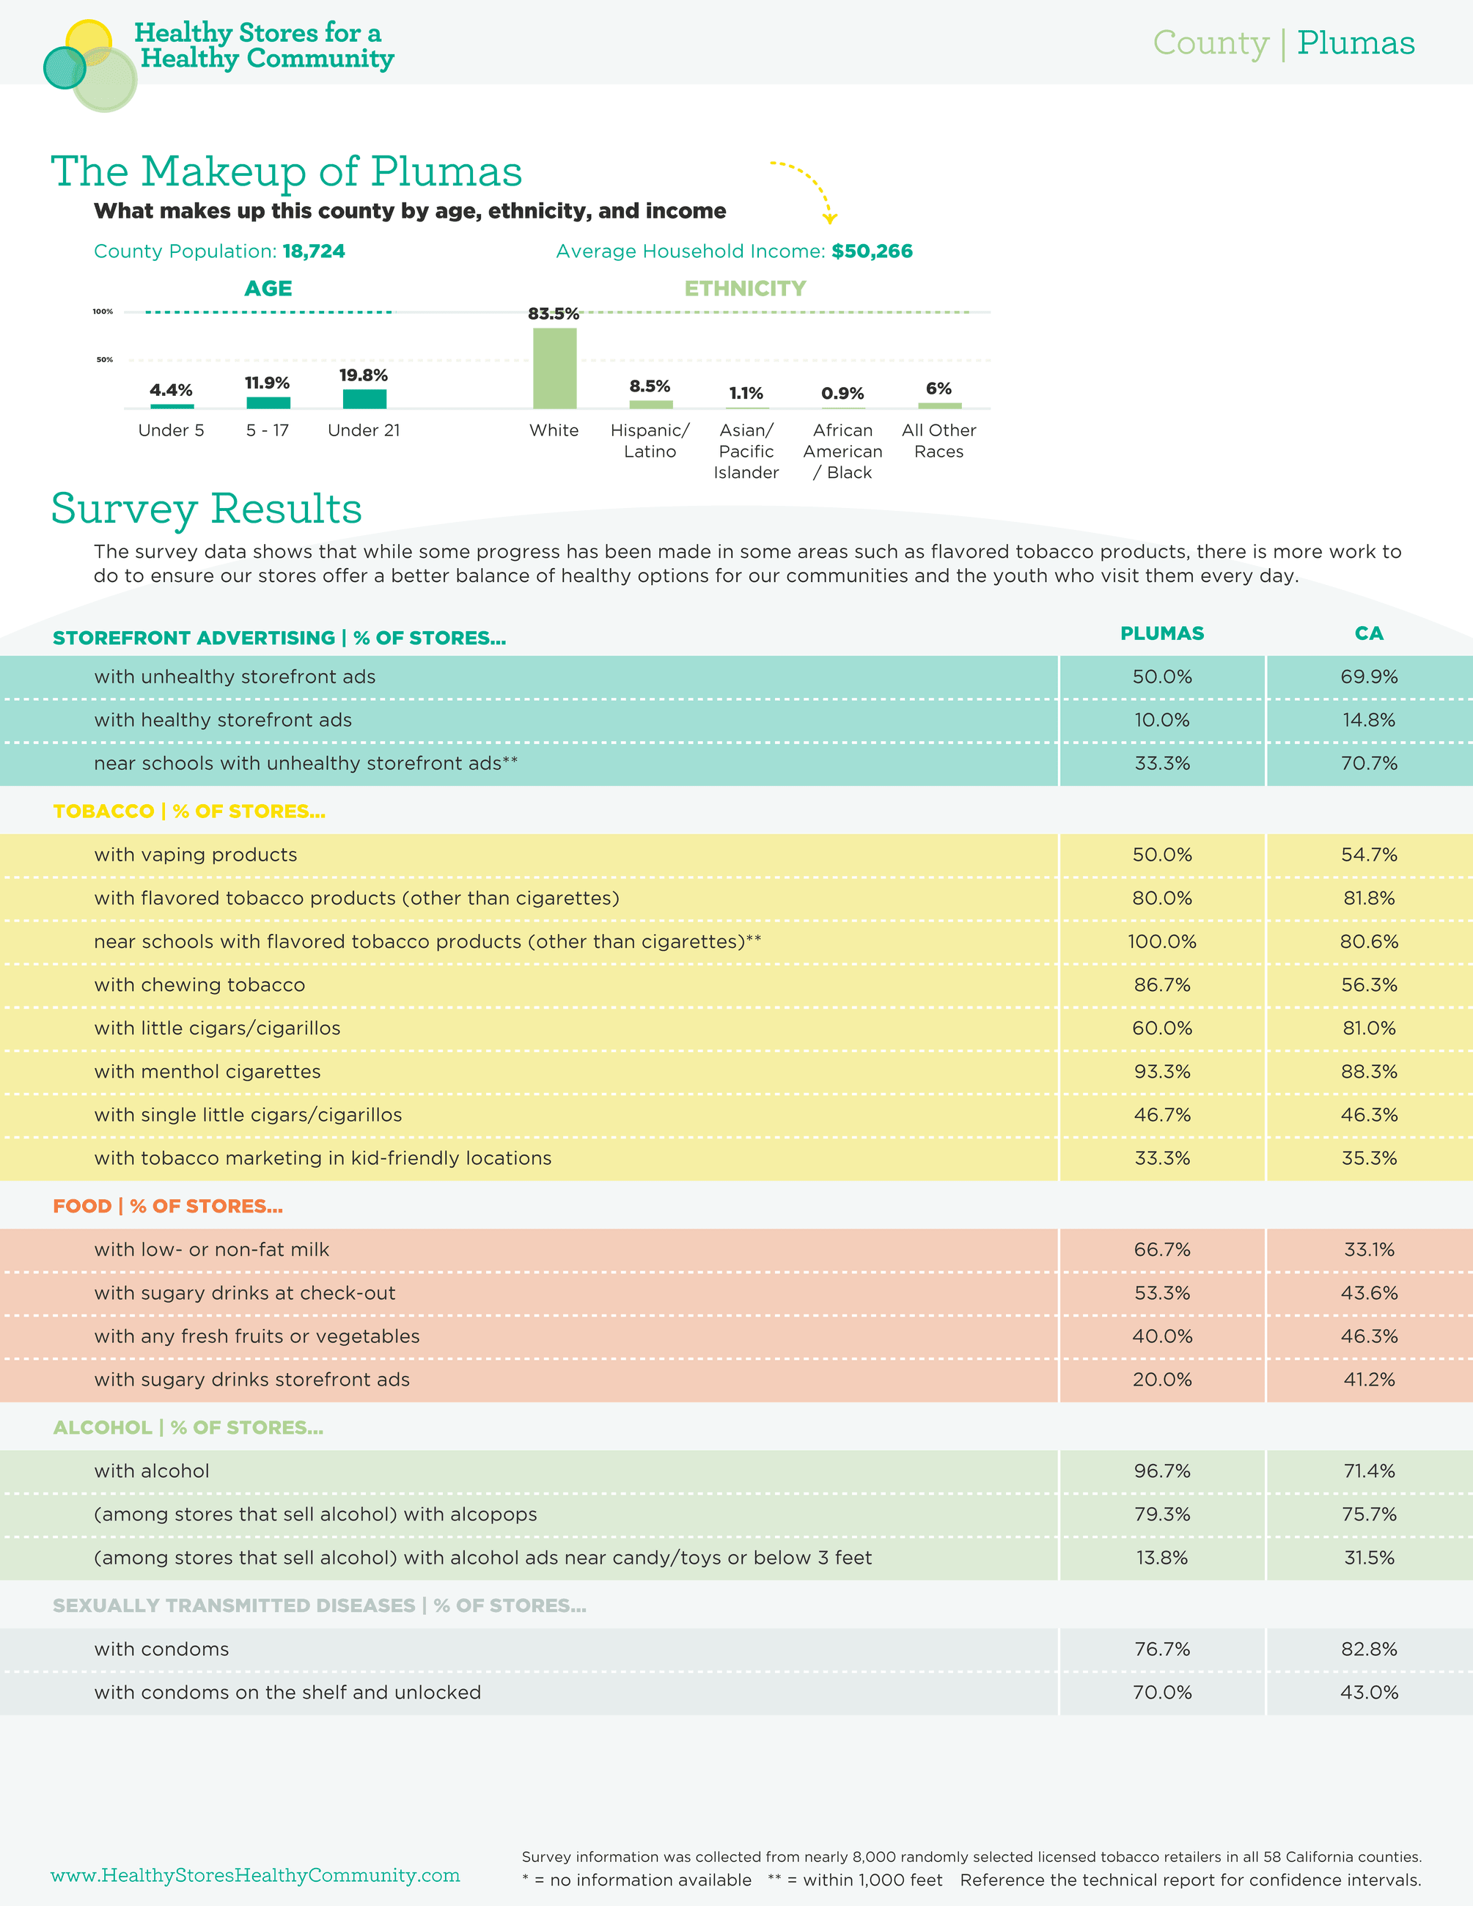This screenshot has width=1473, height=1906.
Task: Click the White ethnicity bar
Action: tap(554, 368)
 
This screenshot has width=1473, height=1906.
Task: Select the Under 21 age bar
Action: tap(364, 399)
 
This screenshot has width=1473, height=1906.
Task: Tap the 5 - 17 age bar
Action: tap(268, 402)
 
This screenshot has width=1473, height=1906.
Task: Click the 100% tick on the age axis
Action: tap(103, 312)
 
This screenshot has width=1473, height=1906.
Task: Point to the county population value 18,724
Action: tap(313, 251)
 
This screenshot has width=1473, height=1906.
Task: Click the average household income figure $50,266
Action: tap(872, 251)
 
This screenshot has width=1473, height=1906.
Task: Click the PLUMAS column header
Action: tap(1161, 633)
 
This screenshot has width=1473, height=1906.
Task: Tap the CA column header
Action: tap(1368, 633)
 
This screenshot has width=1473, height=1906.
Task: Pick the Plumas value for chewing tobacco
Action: tap(1161, 985)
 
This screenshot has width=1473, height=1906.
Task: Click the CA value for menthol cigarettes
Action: tap(1368, 1072)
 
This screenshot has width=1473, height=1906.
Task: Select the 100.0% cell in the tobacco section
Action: tap(1161, 942)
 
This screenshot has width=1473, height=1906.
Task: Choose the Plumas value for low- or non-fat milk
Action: tap(1161, 1250)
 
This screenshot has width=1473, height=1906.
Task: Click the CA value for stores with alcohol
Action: tap(1368, 1471)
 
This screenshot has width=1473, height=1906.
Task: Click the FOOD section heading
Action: tap(168, 1206)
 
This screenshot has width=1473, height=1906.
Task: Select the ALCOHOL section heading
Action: tap(188, 1428)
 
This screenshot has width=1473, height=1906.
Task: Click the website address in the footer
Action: tap(255, 1875)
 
